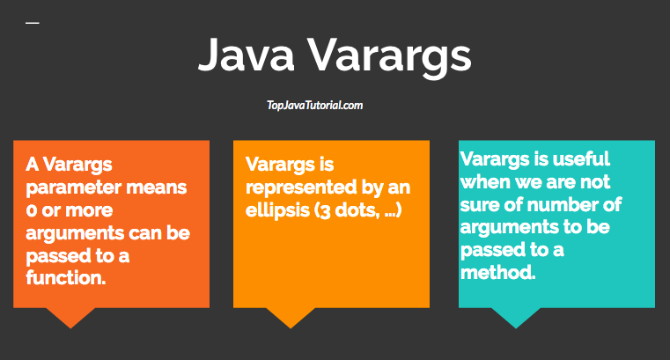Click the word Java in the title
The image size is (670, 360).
[x=247, y=55]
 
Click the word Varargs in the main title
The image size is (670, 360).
[x=389, y=58]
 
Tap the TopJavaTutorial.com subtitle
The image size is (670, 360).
[x=315, y=105]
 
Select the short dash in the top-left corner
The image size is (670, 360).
[x=32, y=23]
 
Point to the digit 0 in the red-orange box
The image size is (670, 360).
[x=31, y=210]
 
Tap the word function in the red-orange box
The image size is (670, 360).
[x=65, y=277]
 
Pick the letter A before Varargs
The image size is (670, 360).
[x=32, y=165]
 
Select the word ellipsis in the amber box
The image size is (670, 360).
[x=277, y=210]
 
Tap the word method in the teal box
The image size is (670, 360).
[x=497, y=272]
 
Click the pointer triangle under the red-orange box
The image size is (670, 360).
[x=70, y=317]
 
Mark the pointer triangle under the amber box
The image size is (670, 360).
[x=291, y=317]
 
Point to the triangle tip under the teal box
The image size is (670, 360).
[x=516, y=328]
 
